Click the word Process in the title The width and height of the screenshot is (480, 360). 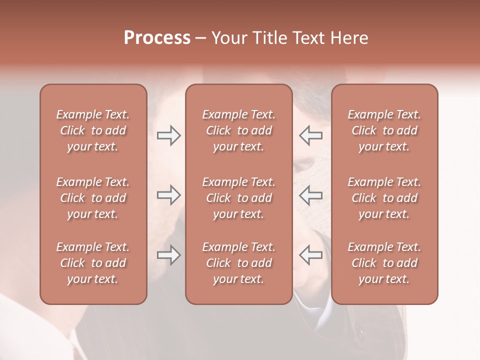[157, 38]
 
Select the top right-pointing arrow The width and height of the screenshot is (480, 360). [168, 135]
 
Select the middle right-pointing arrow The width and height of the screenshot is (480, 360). [168, 195]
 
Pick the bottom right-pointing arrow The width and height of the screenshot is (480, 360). [168, 255]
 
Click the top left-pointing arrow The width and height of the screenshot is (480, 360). [310, 135]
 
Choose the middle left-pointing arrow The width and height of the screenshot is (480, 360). [310, 195]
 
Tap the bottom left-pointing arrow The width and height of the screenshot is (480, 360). [310, 255]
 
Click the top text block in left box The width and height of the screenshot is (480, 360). [93, 130]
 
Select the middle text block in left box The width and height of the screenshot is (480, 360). [93, 198]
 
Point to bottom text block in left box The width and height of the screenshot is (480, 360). [93, 263]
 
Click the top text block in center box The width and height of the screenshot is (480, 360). [238, 130]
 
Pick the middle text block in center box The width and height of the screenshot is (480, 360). [238, 198]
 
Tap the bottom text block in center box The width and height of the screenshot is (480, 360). [238, 263]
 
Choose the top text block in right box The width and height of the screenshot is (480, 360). [384, 130]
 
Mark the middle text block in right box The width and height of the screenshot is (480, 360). [384, 198]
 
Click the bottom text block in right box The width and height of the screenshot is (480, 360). [384, 263]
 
